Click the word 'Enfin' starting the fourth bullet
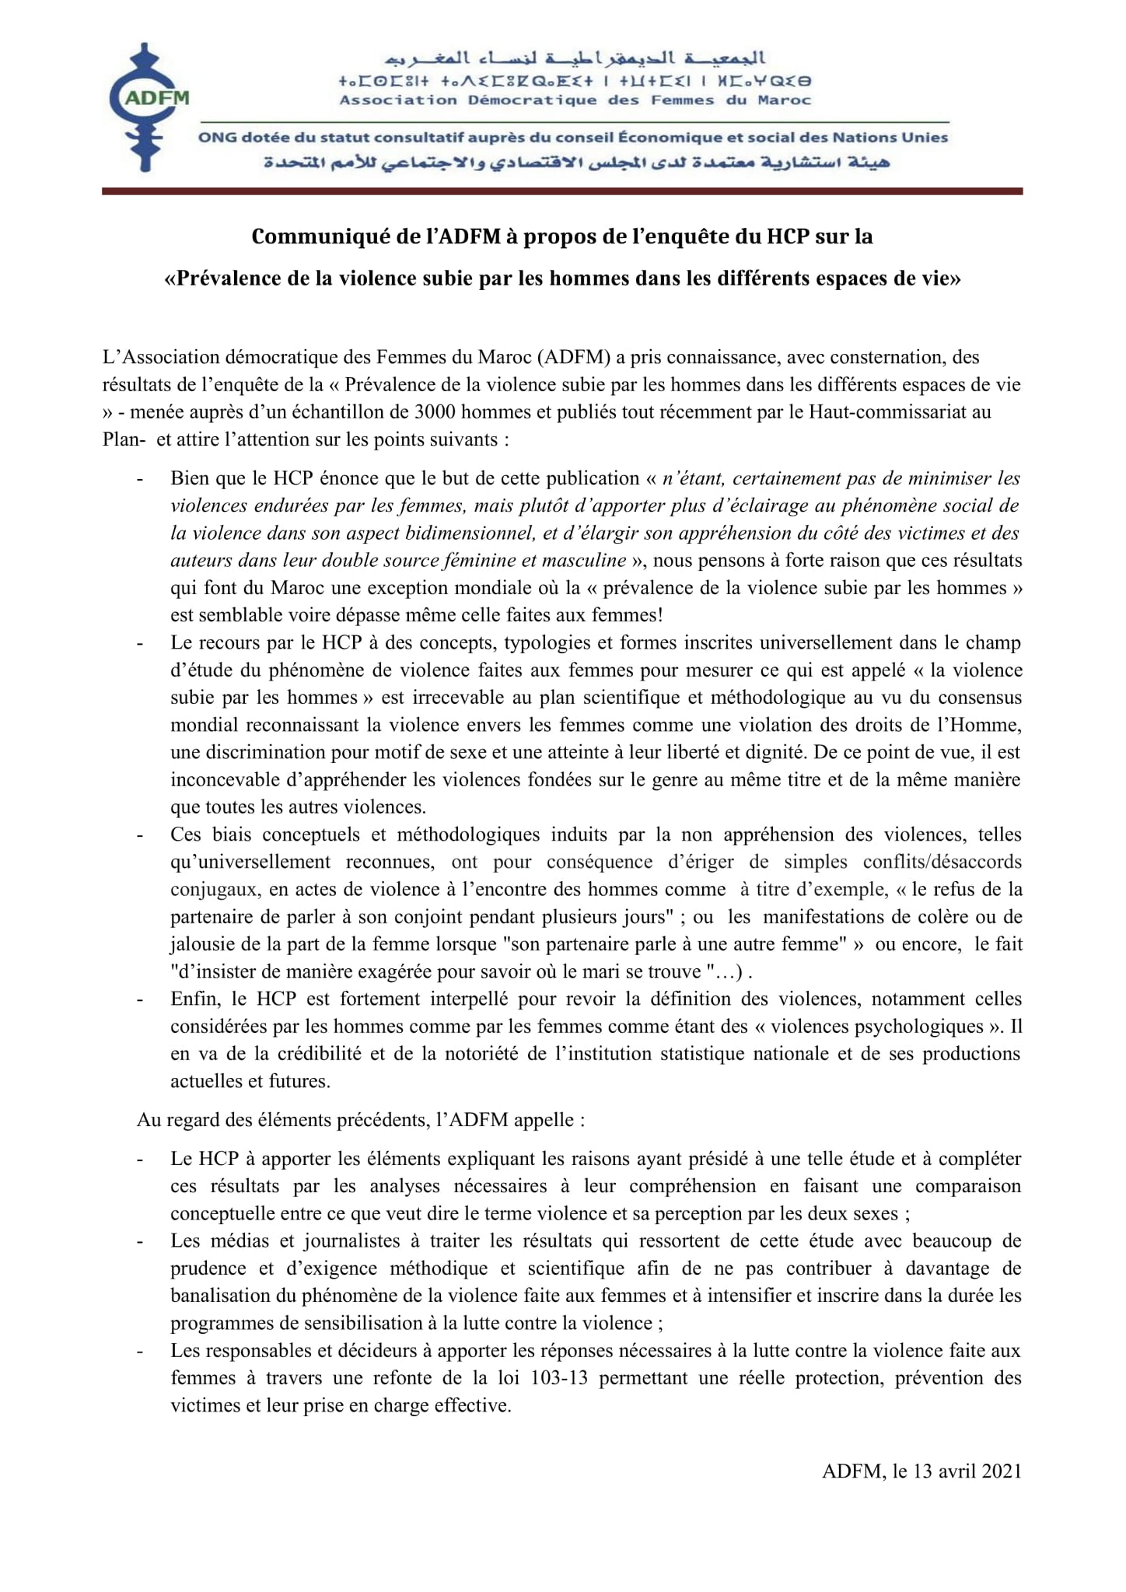tap(191, 999)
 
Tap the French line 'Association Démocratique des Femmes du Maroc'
tap(575, 100)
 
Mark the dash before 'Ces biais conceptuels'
tap(141, 835)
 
